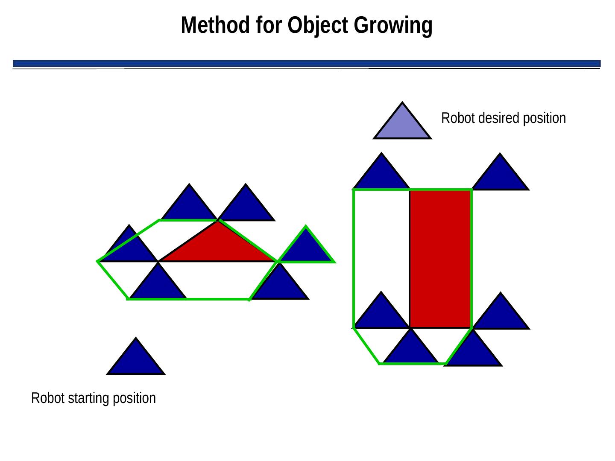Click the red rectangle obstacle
point(440,259)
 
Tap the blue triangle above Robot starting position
point(135,361)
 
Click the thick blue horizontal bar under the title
point(307,63)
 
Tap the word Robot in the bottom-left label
point(43,398)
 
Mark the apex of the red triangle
point(218,221)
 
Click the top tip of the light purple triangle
point(402,102)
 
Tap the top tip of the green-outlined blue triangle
point(306,227)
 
